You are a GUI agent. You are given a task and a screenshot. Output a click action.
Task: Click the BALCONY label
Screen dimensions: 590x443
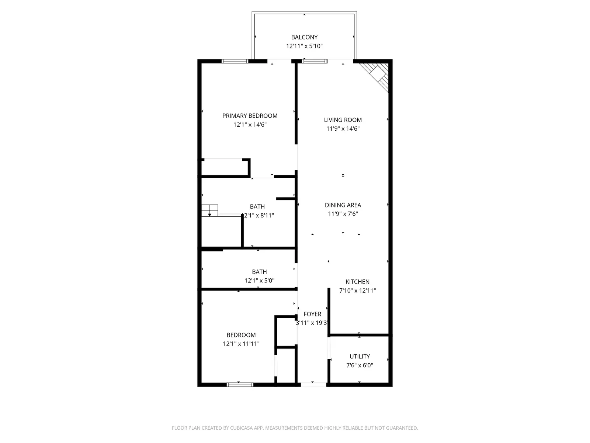pyautogui.click(x=304, y=37)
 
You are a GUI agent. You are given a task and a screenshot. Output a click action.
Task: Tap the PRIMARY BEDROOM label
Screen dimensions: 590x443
pyautogui.click(x=250, y=116)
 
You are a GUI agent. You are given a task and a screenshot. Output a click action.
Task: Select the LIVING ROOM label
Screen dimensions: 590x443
pyautogui.click(x=343, y=120)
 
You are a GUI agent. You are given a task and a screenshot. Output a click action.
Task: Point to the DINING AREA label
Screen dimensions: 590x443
pyautogui.click(x=343, y=205)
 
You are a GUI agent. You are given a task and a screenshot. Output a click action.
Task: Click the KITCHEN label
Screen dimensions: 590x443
pyautogui.click(x=357, y=282)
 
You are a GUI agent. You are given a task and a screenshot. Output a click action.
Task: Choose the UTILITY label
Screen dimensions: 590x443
pyautogui.click(x=360, y=356)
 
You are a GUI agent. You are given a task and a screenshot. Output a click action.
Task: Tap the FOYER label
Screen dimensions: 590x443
pyautogui.click(x=312, y=314)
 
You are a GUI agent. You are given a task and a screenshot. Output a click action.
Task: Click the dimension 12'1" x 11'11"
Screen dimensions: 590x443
pyautogui.click(x=241, y=344)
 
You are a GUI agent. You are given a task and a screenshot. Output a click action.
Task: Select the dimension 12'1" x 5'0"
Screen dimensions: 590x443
pyautogui.click(x=259, y=281)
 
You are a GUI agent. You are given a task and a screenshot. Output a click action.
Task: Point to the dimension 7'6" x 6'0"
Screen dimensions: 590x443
pyautogui.click(x=360, y=365)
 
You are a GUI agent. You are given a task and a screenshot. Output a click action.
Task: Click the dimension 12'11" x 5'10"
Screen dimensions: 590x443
pyautogui.click(x=304, y=46)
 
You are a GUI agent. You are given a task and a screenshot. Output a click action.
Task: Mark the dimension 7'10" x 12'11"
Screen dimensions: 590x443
pyautogui.click(x=357, y=291)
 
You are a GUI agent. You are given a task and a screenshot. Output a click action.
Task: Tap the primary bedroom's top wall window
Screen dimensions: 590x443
pyautogui.click(x=235, y=61)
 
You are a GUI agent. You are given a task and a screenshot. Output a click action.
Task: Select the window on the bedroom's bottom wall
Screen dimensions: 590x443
pyautogui.click(x=240, y=385)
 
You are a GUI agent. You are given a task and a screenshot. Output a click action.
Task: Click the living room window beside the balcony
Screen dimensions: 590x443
pyautogui.click(x=315, y=61)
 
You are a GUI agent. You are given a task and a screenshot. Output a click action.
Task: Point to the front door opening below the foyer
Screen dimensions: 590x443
pyautogui.click(x=313, y=385)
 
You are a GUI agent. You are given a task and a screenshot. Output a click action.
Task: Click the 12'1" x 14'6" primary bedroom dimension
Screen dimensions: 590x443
pyautogui.click(x=250, y=124)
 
